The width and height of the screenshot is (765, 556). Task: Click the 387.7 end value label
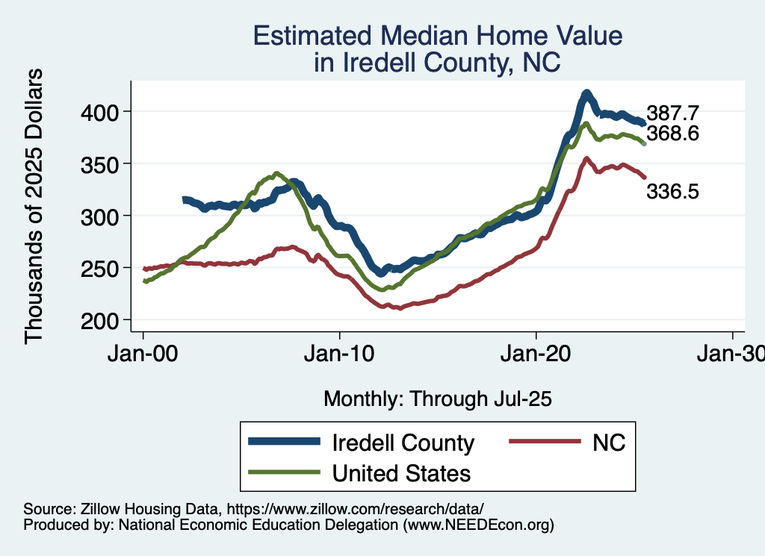pos(672,113)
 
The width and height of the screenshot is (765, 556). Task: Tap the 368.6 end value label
pos(672,134)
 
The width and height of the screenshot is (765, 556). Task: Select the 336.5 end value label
pos(672,192)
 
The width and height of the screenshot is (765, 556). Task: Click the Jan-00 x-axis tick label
pos(143,354)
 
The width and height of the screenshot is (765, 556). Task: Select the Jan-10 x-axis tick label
pos(340,354)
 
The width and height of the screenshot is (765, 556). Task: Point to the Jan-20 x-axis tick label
pos(536,354)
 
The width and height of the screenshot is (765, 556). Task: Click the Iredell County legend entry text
pos(403,443)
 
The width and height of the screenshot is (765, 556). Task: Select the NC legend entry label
pos(608,443)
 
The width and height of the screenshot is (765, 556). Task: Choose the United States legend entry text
pos(401,472)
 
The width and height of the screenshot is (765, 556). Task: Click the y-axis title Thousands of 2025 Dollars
pos(34,206)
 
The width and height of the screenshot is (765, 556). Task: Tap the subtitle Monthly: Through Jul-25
pos(437,399)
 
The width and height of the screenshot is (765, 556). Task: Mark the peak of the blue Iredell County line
pos(586,93)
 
